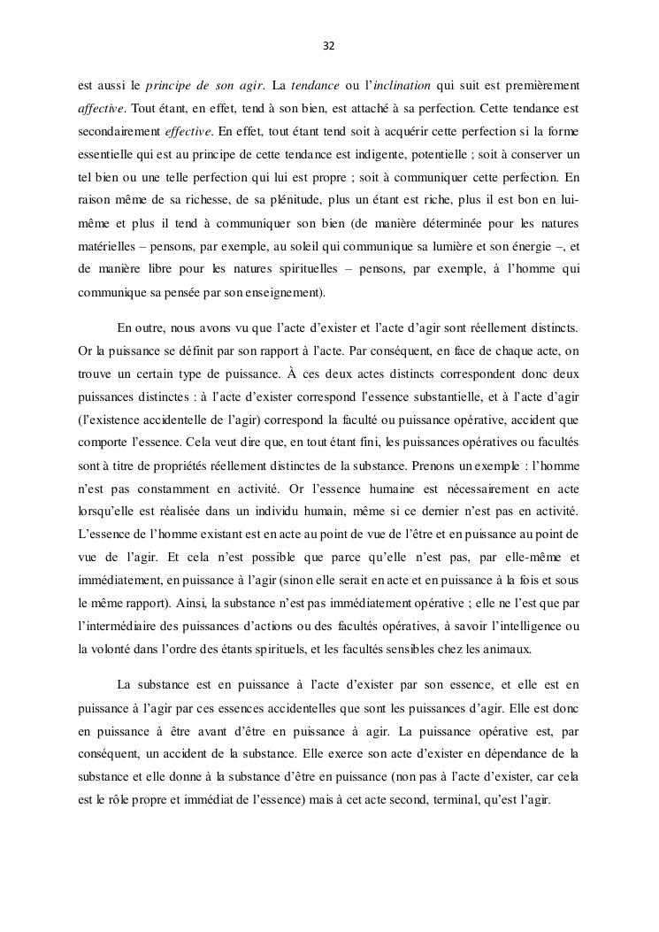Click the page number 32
329,45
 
